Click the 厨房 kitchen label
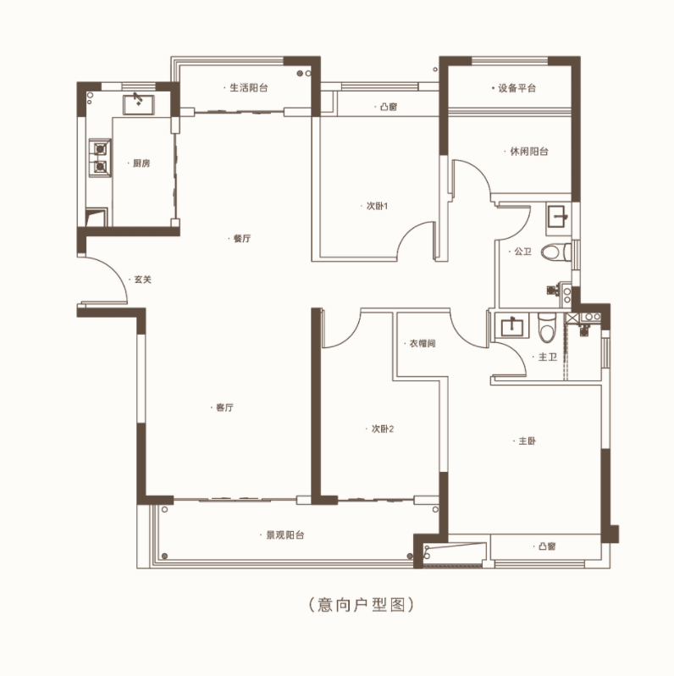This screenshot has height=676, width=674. pos(141,163)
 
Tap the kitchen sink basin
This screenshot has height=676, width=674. pos(138,105)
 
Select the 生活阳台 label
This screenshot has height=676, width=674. pos(249,88)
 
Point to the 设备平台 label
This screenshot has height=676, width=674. pos(517,88)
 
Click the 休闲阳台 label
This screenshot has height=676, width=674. pos(529,152)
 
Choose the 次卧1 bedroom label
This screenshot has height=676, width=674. pos(377,206)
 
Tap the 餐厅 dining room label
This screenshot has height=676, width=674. pos(242,239)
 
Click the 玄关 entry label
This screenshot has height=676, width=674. pos(142,280)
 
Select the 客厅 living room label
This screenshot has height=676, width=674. pos(224,407)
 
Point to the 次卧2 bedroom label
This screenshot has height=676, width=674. pos(383,429)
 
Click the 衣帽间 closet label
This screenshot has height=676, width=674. pos(423,344)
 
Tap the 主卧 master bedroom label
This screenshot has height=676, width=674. pos(527,441)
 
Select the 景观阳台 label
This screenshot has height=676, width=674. pos(285,535)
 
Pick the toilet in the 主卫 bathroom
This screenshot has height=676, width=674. pos(547,328)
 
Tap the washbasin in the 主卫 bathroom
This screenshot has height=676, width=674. pos(512,326)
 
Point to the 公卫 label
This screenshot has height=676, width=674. pos(522,252)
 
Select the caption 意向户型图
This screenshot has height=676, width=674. pos(362,605)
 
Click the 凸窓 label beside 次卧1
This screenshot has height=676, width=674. pos(389,107)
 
